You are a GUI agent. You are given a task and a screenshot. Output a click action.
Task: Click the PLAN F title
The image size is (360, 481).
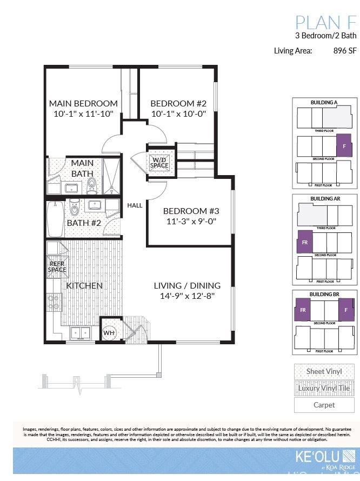point(325,23)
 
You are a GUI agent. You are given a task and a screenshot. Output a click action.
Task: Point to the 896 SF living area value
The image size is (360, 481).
point(345,51)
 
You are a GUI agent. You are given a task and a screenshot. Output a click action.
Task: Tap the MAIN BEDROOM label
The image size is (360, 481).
point(83,103)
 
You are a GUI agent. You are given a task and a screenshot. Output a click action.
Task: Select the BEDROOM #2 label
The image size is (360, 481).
point(178,103)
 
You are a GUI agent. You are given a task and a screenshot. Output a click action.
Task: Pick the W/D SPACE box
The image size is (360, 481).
point(160,162)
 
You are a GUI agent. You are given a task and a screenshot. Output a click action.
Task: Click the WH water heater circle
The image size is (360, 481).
point(109,332)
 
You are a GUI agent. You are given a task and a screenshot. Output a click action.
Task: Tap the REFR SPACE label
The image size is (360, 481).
point(57,266)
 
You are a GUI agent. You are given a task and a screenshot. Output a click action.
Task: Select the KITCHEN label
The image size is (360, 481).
point(84,285)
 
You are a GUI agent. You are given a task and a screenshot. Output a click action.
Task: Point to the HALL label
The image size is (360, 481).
point(135,205)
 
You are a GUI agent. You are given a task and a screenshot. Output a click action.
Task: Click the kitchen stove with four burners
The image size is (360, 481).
point(54,302)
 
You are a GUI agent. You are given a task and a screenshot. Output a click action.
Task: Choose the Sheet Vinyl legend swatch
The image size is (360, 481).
point(324,372)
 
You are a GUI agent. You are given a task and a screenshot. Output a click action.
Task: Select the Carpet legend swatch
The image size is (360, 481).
point(324,405)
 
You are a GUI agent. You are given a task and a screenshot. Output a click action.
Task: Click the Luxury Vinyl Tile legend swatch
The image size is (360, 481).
point(324,388)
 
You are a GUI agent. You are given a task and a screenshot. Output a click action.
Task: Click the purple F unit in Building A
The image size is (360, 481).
point(344,145)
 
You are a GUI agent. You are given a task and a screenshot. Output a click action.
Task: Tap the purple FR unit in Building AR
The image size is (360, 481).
point(305,243)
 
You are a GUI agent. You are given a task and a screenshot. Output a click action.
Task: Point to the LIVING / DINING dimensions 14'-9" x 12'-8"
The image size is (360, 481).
point(187,296)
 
